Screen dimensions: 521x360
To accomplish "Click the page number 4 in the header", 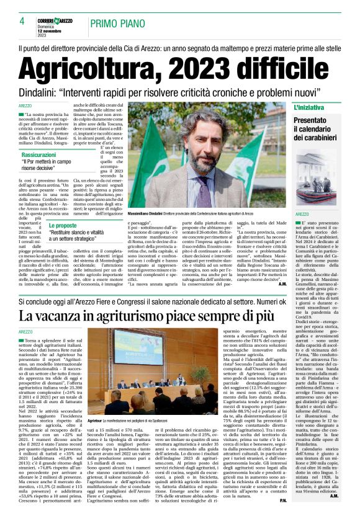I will [21, 21].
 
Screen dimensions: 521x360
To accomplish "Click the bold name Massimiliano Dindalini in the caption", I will [148, 213].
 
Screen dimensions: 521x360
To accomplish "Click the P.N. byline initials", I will [284, 501].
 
